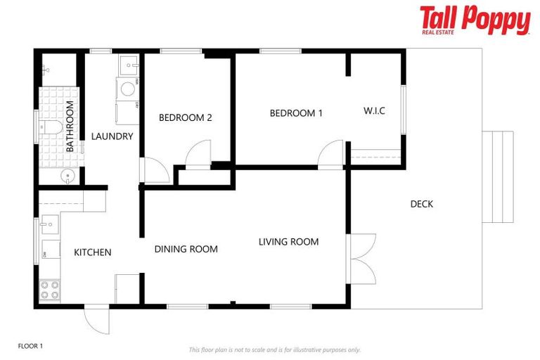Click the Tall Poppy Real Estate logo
click(x=475, y=20)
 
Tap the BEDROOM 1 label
click(x=296, y=113)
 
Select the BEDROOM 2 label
click(x=185, y=117)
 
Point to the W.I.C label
click(x=374, y=111)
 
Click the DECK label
click(x=421, y=205)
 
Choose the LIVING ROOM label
click(x=288, y=242)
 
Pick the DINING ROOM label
click(x=186, y=249)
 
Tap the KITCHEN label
click(x=92, y=252)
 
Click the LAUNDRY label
click(x=112, y=136)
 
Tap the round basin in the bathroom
click(x=65, y=176)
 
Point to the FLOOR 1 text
click(x=30, y=346)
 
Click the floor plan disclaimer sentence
click(x=274, y=349)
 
